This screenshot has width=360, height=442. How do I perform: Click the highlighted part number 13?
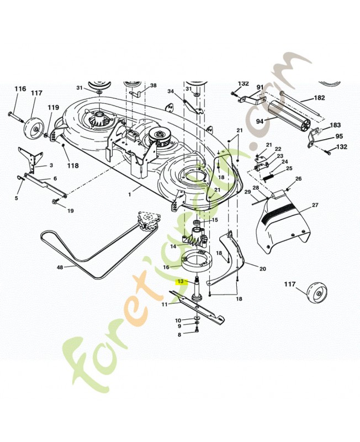(181, 281)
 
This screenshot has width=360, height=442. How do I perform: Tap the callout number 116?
(20, 89)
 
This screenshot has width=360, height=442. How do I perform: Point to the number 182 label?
(319, 98)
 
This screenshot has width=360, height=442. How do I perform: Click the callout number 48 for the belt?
(60, 267)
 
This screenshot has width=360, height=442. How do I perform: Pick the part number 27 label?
(315, 205)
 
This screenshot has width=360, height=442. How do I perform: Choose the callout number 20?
(262, 269)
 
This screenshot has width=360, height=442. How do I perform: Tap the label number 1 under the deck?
(130, 194)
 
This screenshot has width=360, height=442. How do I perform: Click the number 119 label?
(53, 107)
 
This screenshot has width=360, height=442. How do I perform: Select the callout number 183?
(335, 125)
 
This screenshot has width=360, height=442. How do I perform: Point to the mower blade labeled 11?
(198, 307)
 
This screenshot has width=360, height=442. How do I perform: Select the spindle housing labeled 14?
(195, 238)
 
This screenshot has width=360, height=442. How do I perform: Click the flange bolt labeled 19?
(55, 202)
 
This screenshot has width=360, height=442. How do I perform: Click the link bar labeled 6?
(45, 185)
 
